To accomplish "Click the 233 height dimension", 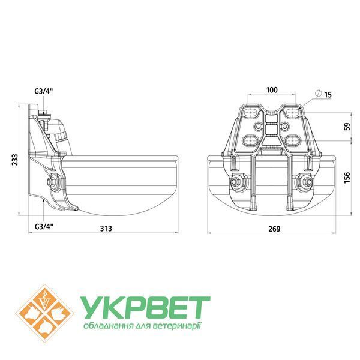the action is (14, 160).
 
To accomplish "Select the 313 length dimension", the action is (106, 229).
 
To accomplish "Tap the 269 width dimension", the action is (274, 229).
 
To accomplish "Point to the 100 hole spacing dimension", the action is (272, 90).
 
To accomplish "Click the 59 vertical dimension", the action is (348, 127).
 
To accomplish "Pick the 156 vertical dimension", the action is (347, 177).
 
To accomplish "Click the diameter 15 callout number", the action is (328, 95).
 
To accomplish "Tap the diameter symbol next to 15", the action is (318, 93).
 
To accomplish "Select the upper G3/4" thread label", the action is (44, 91).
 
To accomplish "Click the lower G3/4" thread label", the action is (44, 227).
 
